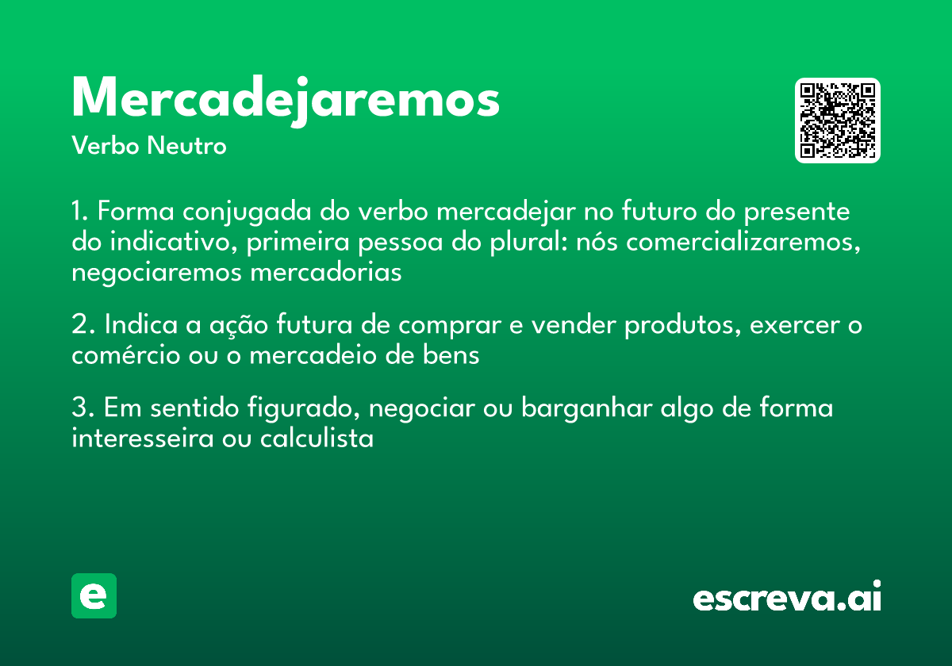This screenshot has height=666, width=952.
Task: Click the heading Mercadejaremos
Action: point(286,100)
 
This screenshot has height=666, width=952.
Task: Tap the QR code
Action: point(838,121)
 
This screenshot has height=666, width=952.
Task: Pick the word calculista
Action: point(317,438)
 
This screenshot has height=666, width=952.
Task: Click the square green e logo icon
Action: point(94,595)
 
